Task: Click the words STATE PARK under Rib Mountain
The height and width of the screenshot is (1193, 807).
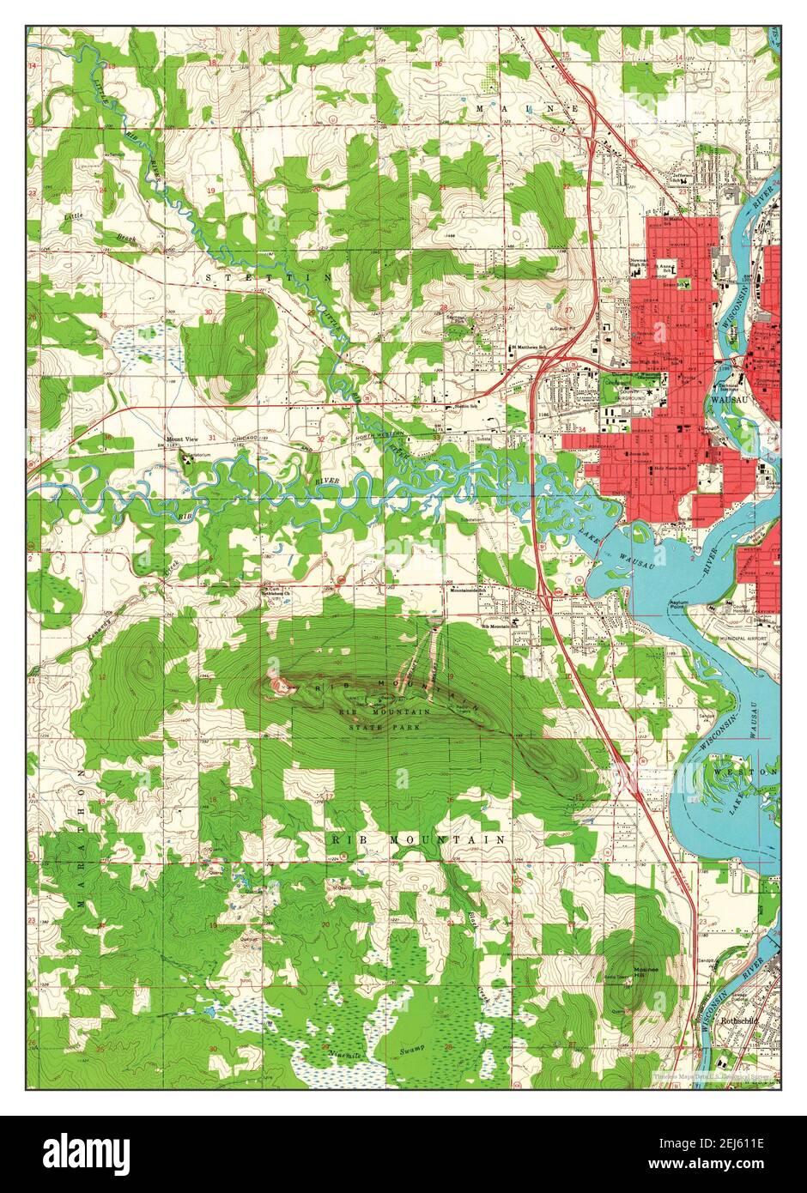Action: point(376,727)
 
